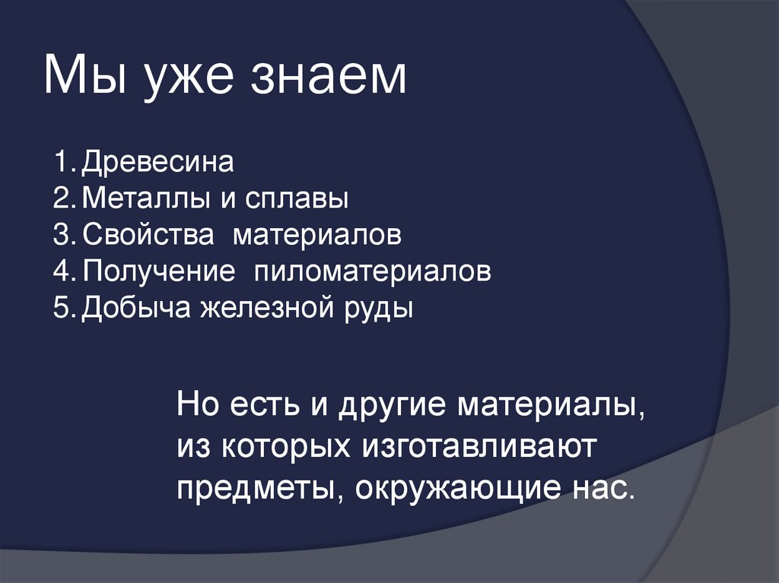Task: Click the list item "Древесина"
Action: coord(157,163)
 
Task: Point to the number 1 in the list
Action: coord(61,163)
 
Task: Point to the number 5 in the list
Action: coord(61,308)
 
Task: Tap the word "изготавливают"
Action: coord(472,446)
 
